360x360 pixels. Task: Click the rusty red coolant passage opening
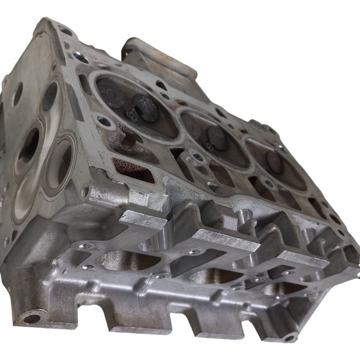point(123,165)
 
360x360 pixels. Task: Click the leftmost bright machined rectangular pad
point(144,221)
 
